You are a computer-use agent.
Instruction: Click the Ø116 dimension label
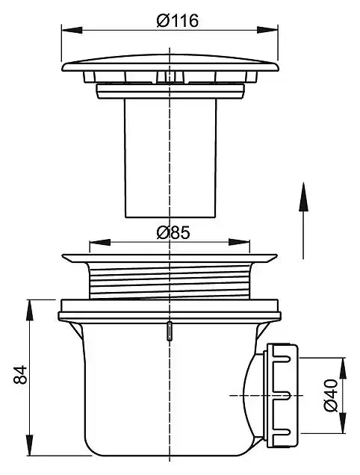click(x=178, y=20)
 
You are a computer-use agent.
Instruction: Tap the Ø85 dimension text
click(x=173, y=233)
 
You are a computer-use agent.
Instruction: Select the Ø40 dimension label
click(x=331, y=395)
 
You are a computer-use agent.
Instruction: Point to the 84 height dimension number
click(x=20, y=375)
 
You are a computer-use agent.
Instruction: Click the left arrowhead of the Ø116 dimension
click(x=72, y=30)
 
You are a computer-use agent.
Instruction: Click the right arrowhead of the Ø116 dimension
click(x=267, y=30)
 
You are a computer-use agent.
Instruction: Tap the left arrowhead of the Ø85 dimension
click(x=100, y=242)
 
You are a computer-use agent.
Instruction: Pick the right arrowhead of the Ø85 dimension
click(x=240, y=242)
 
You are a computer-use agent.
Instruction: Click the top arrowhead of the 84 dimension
click(x=29, y=310)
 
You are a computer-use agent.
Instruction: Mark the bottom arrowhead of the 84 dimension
click(x=29, y=444)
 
